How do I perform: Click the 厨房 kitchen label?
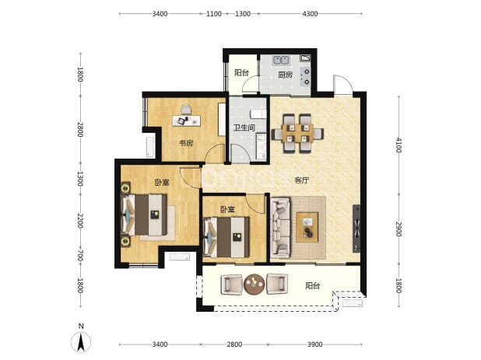285,75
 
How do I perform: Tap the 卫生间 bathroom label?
244,128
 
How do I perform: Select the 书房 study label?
186,143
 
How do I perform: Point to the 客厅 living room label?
301,180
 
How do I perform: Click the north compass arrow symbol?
81,342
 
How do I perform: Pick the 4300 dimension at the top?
310,14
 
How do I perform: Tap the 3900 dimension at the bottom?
314,344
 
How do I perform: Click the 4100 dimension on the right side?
398,145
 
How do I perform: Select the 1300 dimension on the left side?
80,179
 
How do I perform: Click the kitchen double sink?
281,59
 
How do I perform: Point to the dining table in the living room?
297,133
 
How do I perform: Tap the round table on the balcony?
255,284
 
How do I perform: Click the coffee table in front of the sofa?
307,227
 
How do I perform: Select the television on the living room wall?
356,229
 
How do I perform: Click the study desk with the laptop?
187,121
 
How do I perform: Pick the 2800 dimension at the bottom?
234,344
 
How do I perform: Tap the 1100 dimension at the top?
214,14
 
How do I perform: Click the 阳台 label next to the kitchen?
242,72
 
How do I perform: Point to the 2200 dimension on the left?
80,221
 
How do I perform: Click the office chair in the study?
186,110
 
